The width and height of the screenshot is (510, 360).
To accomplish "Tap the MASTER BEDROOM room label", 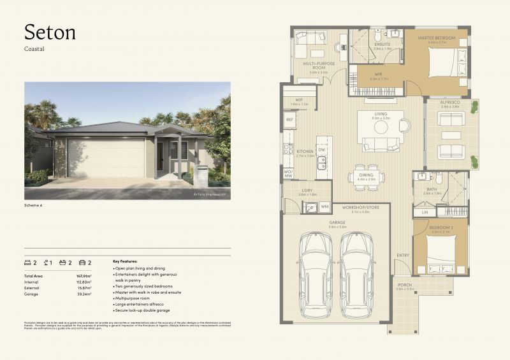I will click(437, 38).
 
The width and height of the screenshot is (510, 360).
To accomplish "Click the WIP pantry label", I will click(299, 99).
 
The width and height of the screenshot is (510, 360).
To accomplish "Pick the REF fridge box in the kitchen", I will click(289, 119).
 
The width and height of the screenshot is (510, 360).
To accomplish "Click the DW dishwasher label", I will click(321, 150).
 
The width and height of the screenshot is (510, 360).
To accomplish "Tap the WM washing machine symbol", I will click(324, 206).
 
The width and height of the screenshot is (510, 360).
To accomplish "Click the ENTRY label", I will click(402, 256).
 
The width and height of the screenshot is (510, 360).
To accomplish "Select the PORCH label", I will click(405, 285).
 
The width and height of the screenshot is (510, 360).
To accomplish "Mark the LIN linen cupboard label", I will click(425, 212).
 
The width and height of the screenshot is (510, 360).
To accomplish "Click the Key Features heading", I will click(125, 261).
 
